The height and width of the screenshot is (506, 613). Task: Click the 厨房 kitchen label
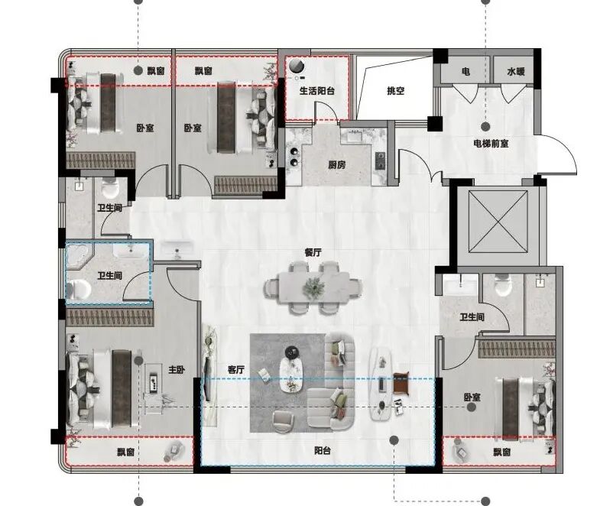(336, 165)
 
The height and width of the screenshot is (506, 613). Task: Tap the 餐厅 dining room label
(313, 252)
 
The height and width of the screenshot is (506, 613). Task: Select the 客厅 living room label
(236, 369)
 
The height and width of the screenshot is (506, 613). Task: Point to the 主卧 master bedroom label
(177, 369)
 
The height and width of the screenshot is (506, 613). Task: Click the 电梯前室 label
(491, 144)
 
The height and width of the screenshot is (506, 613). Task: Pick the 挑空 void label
(396, 91)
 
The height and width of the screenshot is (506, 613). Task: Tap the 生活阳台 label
(317, 91)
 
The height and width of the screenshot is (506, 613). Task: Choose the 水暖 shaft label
(516, 72)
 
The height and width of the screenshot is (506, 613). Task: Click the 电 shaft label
(465, 72)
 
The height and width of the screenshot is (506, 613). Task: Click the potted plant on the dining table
(314, 287)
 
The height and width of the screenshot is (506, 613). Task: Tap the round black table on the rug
(291, 352)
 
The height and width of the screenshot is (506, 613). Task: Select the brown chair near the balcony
(401, 381)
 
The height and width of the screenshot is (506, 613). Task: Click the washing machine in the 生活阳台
(297, 66)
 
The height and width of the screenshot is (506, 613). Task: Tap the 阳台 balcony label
(323, 450)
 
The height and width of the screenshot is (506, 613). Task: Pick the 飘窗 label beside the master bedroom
(126, 452)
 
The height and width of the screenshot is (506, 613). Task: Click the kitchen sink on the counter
(355, 138)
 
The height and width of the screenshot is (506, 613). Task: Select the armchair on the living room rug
(283, 422)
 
